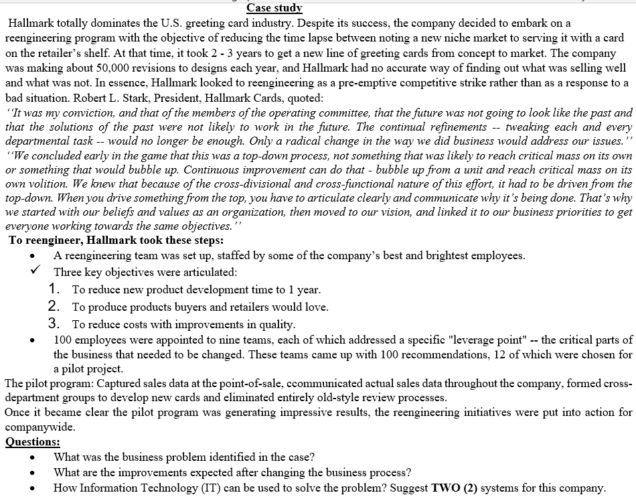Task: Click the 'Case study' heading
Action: pyautogui.click(x=274, y=8)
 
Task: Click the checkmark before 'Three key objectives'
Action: pyautogui.click(x=33, y=272)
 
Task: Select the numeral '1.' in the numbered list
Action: pyautogui.click(x=56, y=289)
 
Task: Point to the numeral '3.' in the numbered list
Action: pyautogui.click(x=56, y=323)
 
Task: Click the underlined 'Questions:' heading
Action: pyautogui.click(x=32, y=441)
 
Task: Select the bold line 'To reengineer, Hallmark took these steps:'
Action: pyautogui.click(x=116, y=240)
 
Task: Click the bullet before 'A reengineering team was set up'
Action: pyautogui.click(x=32, y=257)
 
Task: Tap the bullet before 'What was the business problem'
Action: pyautogui.click(x=32, y=458)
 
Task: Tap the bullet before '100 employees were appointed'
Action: pyautogui.click(x=32, y=340)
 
